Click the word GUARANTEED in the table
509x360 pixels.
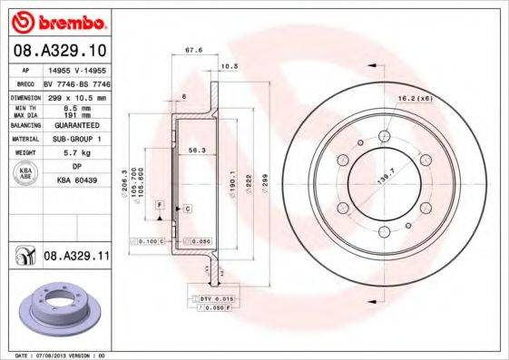coord(73,125)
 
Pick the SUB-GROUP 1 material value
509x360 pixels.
coord(73,140)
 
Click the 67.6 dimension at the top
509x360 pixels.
coord(192,51)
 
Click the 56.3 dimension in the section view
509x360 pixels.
coord(193,151)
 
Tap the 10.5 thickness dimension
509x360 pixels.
coord(230,66)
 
